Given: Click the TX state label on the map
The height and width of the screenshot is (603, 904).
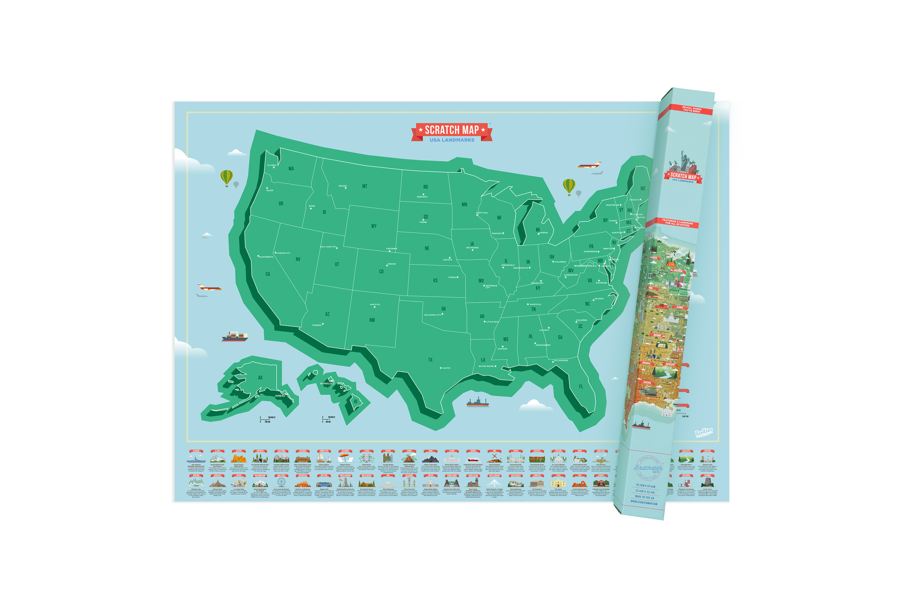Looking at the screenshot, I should click(x=430, y=360).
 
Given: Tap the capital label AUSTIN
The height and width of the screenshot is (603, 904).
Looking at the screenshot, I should click(x=446, y=368).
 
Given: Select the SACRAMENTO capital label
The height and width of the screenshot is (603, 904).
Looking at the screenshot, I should click(x=266, y=257).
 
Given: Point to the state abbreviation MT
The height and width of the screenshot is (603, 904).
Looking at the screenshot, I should click(x=365, y=186).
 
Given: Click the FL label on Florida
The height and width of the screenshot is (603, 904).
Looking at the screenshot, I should click(x=581, y=387).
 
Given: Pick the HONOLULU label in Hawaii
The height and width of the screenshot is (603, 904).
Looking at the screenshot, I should click(x=327, y=383).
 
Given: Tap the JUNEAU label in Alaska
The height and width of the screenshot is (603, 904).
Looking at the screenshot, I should click(x=280, y=396).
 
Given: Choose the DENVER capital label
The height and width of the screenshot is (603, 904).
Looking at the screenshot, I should click(x=392, y=264).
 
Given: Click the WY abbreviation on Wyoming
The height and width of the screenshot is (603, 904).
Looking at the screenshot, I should click(x=374, y=226).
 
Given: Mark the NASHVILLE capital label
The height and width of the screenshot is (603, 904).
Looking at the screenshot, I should click(x=535, y=304).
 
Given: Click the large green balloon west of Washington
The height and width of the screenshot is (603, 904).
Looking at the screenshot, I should click(x=226, y=178).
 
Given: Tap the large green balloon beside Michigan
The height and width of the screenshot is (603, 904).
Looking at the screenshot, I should click(x=569, y=186).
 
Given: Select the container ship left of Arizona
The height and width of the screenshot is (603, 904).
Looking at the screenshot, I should click(x=235, y=337).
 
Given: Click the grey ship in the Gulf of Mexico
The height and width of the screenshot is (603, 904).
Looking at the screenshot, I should click(x=477, y=402).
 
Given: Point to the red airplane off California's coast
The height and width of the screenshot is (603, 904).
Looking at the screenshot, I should click(x=210, y=288).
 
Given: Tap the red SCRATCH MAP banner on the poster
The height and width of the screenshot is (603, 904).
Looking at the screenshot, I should click(x=452, y=130).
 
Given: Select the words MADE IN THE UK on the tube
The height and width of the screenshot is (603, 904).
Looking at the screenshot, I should click(x=645, y=497).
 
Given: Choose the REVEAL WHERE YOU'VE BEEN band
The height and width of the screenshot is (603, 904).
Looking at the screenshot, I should click(x=685, y=110).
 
